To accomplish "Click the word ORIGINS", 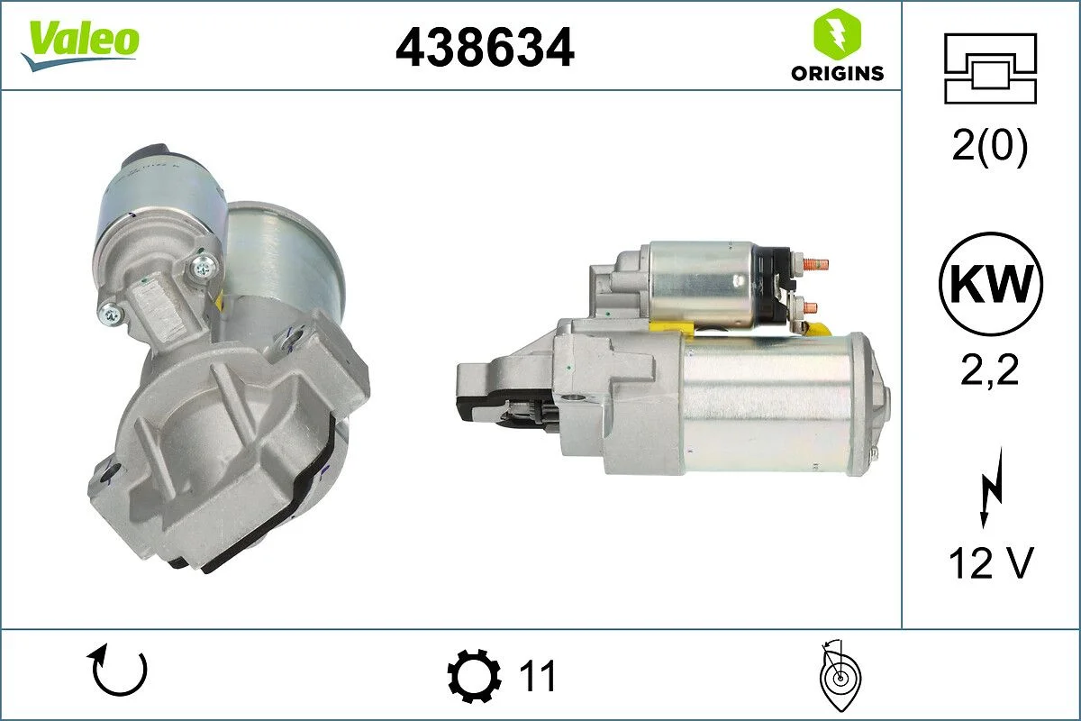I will [x=837, y=74].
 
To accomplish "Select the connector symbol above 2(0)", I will [x=991, y=68].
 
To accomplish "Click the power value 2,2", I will [x=989, y=369].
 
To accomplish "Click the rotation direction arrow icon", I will [x=117, y=671].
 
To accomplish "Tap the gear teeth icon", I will [x=475, y=676].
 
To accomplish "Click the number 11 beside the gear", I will [x=539, y=676].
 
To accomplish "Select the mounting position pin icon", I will [x=839, y=676].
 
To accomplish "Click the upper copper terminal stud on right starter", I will [x=815, y=265].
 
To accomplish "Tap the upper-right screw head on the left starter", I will [x=203, y=265].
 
